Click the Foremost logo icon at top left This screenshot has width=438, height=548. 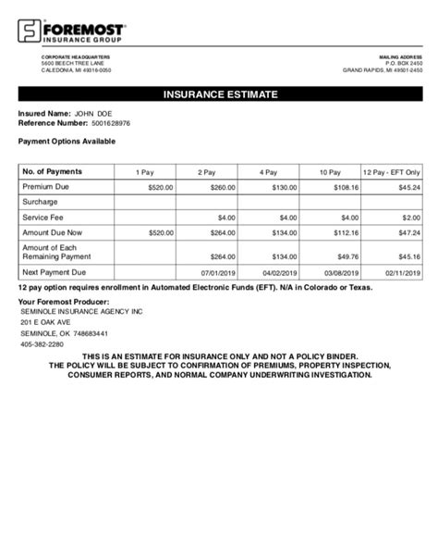29,33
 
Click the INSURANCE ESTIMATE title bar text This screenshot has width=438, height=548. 219,94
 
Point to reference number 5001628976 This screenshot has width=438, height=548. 112,122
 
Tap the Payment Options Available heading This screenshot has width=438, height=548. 67,141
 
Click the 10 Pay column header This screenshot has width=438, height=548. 330,172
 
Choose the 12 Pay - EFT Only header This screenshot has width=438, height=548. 391,172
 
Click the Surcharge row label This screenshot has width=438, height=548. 41,201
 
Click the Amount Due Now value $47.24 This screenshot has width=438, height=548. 408,232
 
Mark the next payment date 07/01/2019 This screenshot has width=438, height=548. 218,274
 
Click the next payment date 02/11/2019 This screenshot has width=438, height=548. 402,274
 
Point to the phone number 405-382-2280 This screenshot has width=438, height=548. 43,344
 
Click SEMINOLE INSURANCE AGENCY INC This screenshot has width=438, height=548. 81,312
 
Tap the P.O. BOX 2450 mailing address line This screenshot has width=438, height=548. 403,63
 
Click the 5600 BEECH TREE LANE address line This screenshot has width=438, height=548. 73,63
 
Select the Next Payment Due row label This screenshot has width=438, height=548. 54,273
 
